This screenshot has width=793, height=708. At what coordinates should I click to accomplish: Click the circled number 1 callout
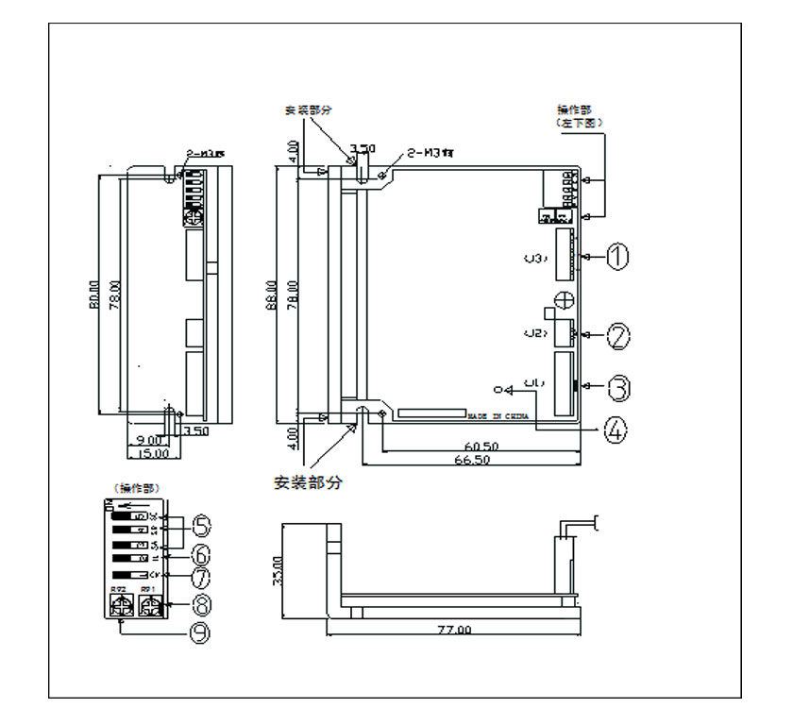tap(616, 257)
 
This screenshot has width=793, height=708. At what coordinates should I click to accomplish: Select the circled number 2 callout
tap(616, 334)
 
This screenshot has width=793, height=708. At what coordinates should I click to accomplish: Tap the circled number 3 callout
tap(617, 387)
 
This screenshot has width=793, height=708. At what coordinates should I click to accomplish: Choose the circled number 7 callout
tap(202, 575)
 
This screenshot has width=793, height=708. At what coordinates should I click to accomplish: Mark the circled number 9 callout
tap(200, 633)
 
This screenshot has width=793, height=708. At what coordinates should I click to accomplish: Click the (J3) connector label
tap(535, 257)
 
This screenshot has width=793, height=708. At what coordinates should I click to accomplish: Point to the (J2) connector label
tap(535, 333)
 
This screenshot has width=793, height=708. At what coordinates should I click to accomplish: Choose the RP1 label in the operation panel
tap(147, 591)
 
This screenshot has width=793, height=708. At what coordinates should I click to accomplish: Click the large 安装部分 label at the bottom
tap(308, 482)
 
